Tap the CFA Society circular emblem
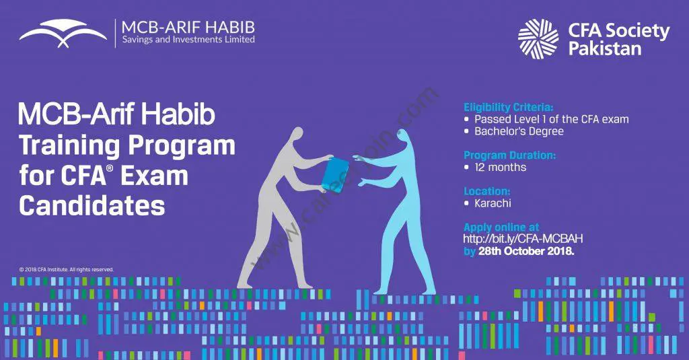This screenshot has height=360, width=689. [x=538, y=39]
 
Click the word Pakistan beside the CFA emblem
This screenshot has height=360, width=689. [x=605, y=48]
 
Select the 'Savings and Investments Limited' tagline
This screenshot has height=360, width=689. [x=188, y=40]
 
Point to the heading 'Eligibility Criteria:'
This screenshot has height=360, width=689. [x=509, y=107]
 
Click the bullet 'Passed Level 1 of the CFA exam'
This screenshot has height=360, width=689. [x=552, y=119]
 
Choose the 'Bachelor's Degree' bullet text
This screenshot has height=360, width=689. [x=519, y=131]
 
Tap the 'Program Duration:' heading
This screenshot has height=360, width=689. [x=510, y=155]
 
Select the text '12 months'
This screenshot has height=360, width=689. [x=500, y=167]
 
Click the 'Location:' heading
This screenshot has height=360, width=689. [x=487, y=191]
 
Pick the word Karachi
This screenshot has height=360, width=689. [x=493, y=203]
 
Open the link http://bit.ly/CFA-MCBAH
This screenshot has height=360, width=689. [x=523, y=239]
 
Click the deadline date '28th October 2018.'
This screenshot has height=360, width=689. [x=526, y=252]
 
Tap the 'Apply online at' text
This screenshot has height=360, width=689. [x=501, y=227]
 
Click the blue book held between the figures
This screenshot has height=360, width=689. [x=335, y=174]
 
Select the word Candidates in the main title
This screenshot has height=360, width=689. [x=92, y=206]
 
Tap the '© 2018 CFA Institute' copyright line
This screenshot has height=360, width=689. [x=67, y=269]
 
